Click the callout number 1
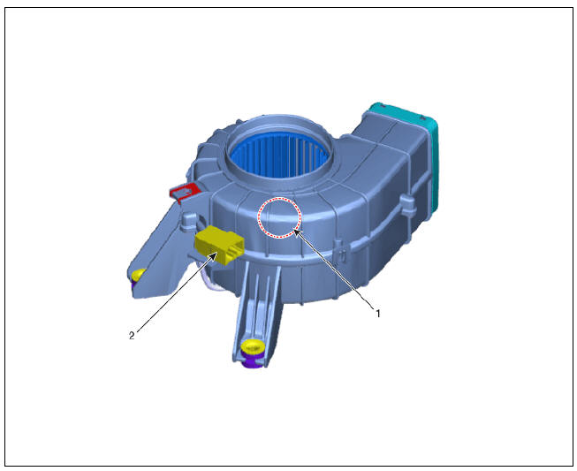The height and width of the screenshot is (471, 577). pos(377,314)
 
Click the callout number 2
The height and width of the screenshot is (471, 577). pos(132,335)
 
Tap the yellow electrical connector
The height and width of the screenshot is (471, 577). pos(220,244)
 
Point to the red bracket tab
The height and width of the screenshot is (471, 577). pos(185,192)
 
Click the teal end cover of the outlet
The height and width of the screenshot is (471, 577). pos(430,148)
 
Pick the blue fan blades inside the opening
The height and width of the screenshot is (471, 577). pos(279,155)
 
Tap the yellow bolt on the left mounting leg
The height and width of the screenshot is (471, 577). pos(138,275)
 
